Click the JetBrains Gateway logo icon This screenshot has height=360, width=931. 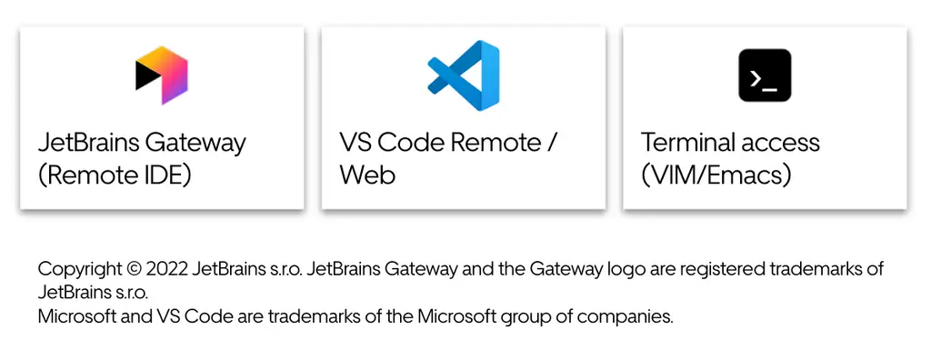pyautogui.click(x=162, y=75)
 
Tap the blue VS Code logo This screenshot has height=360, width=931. pyautogui.click(x=463, y=75)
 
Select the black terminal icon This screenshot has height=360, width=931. pyautogui.click(x=765, y=75)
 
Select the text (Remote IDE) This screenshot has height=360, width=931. pyautogui.click(x=115, y=175)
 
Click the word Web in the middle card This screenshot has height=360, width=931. pyautogui.click(x=367, y=175)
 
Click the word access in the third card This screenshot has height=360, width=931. pyautogui.click(x=776, y=144)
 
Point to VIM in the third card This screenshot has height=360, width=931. pyautogui.click(x=673, y=175)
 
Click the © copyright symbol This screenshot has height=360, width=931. pyautogui.click(x=133, y=269)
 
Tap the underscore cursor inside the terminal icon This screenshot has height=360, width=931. pyautogui.click(x=769, y=89)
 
